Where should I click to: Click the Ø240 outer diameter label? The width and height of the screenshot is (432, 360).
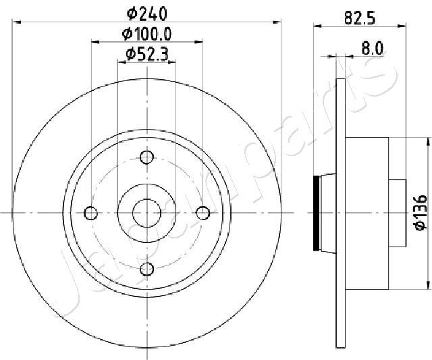147,14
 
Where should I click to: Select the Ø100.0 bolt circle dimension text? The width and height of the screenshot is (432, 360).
147,34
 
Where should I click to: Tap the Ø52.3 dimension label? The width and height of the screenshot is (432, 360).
147,54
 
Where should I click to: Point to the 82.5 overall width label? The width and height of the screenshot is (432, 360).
360,19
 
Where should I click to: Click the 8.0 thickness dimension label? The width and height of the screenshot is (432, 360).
372,49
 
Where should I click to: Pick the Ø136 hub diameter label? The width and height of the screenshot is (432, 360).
421,213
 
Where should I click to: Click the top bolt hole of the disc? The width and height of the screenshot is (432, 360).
146,157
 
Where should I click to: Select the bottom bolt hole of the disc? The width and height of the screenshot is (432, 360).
146,269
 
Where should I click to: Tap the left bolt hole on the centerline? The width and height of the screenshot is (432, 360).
90,213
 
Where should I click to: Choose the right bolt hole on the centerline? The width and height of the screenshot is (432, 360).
203,213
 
